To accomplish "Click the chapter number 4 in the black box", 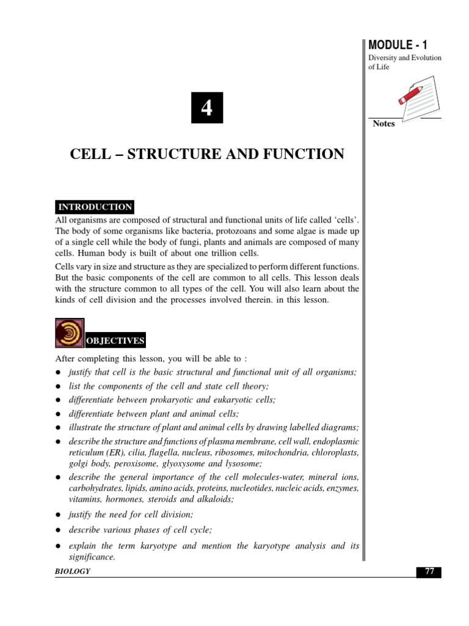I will pyautogui.click(x=207, y=108).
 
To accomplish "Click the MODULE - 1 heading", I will pyautogui.click(x=398, y=44).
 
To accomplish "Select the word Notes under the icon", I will pyautogui.click(x=384, y=123).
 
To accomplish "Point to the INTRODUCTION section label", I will pyautogui.click(x=95, y=207).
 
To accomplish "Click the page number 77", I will pyautogui.click(x=429, y=572).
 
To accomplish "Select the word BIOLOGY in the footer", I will pyautogui.click(x=73, y=571).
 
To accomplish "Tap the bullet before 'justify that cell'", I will pyautogui.click(x=58, y=373).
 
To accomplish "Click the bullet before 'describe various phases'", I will pyautogui.click(x=58, y=531).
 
